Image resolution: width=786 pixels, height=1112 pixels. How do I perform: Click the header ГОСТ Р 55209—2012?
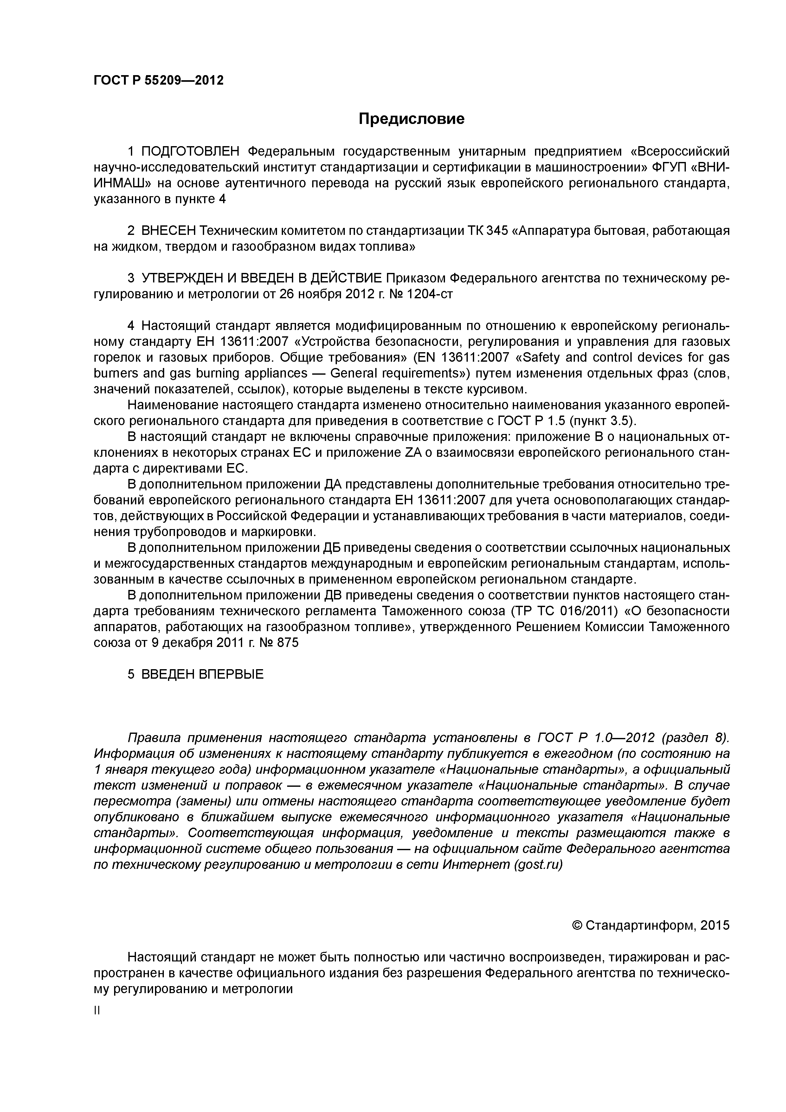click(x=158, y=81)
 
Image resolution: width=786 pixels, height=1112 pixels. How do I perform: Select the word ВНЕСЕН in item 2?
click(x=169, y=231)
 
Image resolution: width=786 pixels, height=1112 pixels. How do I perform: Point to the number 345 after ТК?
click(x=497, y=231)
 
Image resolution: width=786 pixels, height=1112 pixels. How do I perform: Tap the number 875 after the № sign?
click(x=288, y=643)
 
